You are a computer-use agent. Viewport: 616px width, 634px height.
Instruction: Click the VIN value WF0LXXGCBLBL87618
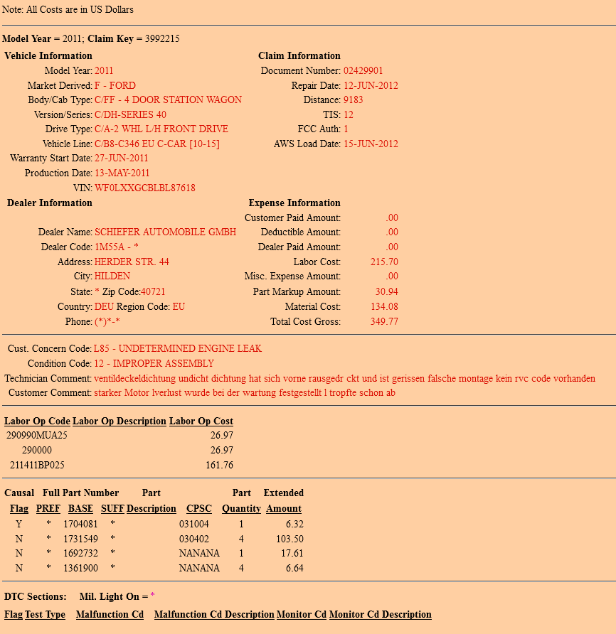pos(144,188)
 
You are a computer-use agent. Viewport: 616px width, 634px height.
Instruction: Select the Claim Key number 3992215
pos(162,38)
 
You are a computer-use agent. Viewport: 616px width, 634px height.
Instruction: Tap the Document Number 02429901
pos(363,71)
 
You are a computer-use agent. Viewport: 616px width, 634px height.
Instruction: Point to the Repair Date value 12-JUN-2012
pos(371,86)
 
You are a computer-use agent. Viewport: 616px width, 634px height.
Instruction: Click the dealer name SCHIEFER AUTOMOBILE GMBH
pos(165,232)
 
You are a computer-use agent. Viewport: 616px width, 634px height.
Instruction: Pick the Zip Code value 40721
pos(153,291)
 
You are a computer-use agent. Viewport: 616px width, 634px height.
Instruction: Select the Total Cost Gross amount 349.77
pos(384,321)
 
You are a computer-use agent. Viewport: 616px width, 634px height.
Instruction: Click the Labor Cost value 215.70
pos(384,262)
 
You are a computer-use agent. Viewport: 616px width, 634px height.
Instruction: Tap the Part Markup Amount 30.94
pos(386,292)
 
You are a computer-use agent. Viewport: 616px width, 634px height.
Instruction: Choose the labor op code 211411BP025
pos(37,466)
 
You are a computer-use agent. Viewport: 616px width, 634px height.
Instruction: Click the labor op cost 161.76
pos(219,466)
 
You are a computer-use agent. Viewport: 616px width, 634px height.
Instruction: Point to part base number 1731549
pos(80,539)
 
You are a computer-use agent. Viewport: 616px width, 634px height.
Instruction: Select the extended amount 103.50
pos(290,539)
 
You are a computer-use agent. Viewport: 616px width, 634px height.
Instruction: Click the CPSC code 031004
pos(194,524)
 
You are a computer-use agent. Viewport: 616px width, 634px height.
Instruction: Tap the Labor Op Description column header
pos(120,421)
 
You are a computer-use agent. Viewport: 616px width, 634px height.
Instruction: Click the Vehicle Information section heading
pos(48,56)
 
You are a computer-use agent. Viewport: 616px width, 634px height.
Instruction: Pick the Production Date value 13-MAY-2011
pos(122,173)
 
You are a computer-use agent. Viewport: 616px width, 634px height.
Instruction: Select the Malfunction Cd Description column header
pos(214,615)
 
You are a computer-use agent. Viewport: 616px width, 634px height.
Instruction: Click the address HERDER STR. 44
pos(132,262)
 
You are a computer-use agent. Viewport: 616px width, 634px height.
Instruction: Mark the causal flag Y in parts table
pos(18,524)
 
